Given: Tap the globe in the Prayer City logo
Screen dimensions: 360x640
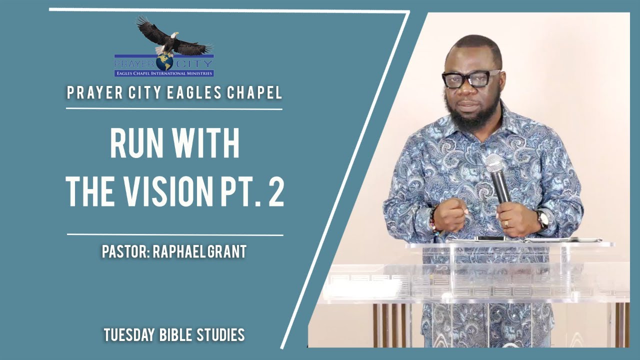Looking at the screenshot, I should click(x=163, y=61).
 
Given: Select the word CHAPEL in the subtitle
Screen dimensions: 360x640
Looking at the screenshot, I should click(x=256, y=92).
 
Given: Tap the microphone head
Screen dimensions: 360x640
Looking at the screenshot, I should click(x=494, y=163).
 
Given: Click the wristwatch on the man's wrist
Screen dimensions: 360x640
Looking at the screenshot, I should click(x=541, y=218).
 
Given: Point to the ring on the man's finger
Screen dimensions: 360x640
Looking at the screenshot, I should click(x=506, y=223).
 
